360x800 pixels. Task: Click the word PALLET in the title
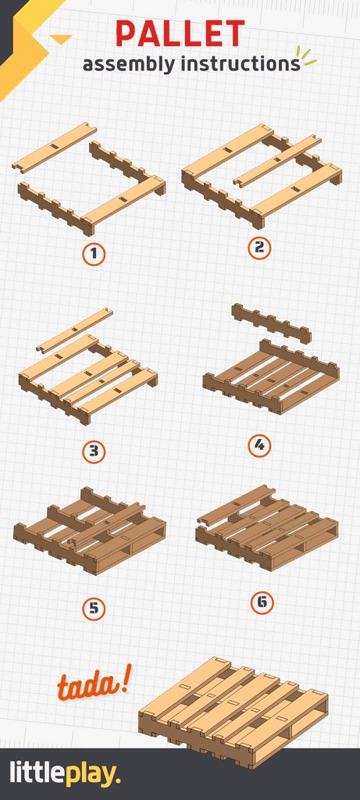pos(180,34)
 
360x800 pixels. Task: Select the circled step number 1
pos(94,254)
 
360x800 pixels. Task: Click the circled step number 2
pos(259,248)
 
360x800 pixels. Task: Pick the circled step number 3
pos(94,452)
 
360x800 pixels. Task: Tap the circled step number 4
pos(259,446)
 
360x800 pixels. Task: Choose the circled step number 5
pos(94,609)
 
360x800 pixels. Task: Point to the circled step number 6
pos(262,602)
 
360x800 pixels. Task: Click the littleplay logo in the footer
pos(66,774)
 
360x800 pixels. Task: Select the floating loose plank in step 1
pos(54,147)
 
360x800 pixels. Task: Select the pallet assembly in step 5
pos(90,531)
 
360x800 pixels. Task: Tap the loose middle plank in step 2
pos(277,160)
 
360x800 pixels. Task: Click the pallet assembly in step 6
pos(266,527)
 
